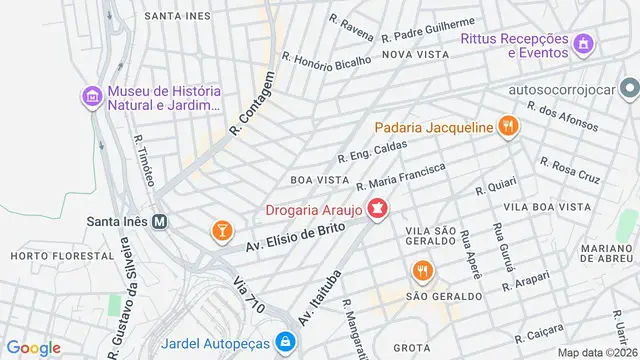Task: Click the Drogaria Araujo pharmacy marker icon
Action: pos(378,211)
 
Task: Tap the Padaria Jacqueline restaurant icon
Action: pos(509,127)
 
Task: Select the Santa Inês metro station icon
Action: pos(158,222)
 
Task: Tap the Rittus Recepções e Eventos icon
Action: pos(585,44)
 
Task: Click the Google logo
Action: pos(33,347)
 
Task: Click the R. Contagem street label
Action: pos(251,104)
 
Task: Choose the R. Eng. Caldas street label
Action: pos(373,151)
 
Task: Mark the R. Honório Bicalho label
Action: pos(327,60)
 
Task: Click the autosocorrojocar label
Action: pos(573,89)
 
